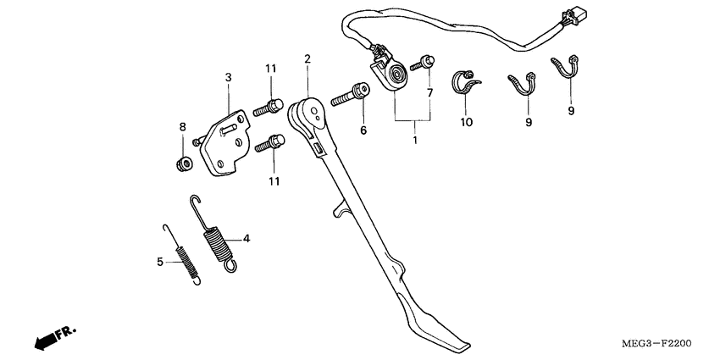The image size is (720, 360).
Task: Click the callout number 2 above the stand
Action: pos(307,58)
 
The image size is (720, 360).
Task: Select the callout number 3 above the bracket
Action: pos(228,78)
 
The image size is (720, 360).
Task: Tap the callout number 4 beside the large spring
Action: pos(246,239)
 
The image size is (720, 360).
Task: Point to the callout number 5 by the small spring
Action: pos(159,262)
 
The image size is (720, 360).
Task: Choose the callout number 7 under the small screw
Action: pos(429,92)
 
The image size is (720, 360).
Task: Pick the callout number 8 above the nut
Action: pos(181,127)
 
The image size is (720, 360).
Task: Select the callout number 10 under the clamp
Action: pos(466,122)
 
